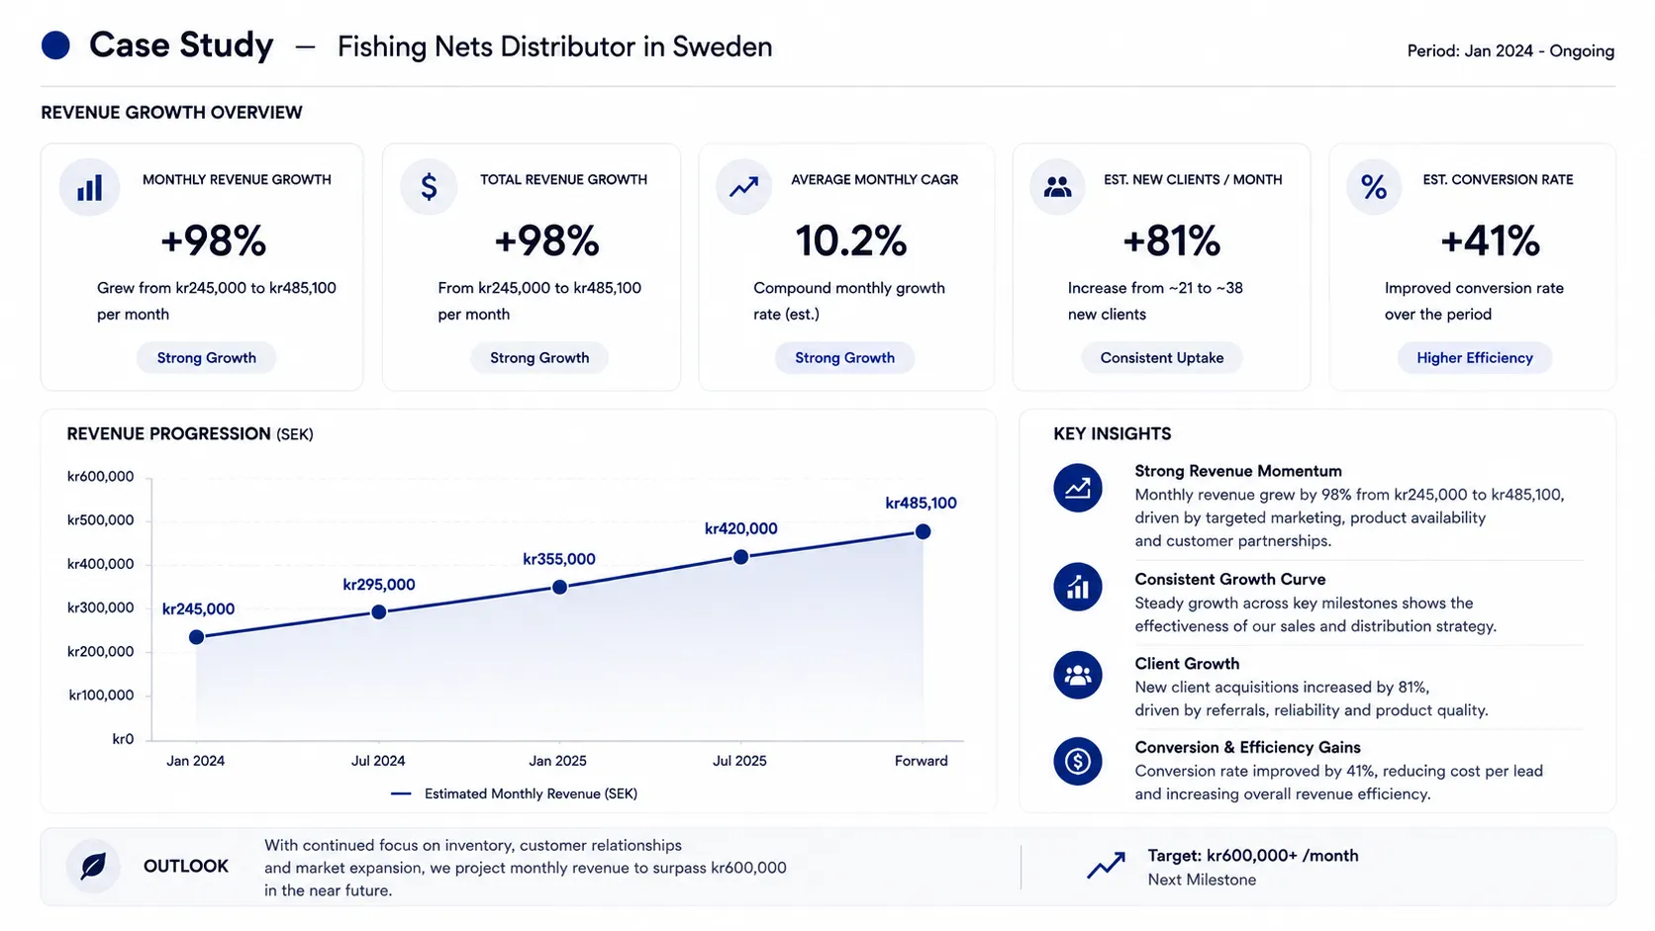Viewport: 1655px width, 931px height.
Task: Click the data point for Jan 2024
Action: click(x=197, y=637)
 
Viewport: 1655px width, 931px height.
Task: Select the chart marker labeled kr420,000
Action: click(x=741, y=557)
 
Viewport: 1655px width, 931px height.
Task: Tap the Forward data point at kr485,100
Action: click(x=923, y=531)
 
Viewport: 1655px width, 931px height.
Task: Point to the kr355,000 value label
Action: click(x=559, y=559)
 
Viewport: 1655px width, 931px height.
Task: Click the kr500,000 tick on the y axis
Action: click(x=101, y=520)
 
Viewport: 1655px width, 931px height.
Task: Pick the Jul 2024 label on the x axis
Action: click(x=378, y=761)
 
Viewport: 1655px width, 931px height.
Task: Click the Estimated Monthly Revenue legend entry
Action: click(x=515, y=793)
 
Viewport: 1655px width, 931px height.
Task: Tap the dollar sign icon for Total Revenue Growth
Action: click(x=429, y=187)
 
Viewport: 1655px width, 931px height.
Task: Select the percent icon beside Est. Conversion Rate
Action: click(x=1374, y=187)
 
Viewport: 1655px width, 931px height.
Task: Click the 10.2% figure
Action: click(x=851, y=240)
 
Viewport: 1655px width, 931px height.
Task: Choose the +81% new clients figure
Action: click(x=1172, y=240)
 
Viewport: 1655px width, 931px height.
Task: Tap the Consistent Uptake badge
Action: click(x=1162, y=358)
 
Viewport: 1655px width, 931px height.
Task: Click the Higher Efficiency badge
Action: click(x=1475, y=358)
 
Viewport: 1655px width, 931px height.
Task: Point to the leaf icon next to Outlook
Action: click(x=93, y=866)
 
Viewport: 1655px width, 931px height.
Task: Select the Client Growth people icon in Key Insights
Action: click(x=1078, y=675)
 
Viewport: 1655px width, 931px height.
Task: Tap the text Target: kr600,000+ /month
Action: click(x=1253, y=856)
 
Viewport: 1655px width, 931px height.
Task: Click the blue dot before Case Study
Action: click(x=55, y=46)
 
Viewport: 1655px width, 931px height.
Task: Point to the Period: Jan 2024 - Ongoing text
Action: click(x=1510, y=50)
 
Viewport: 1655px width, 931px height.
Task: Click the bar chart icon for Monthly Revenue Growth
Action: click(x=89, y=187)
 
